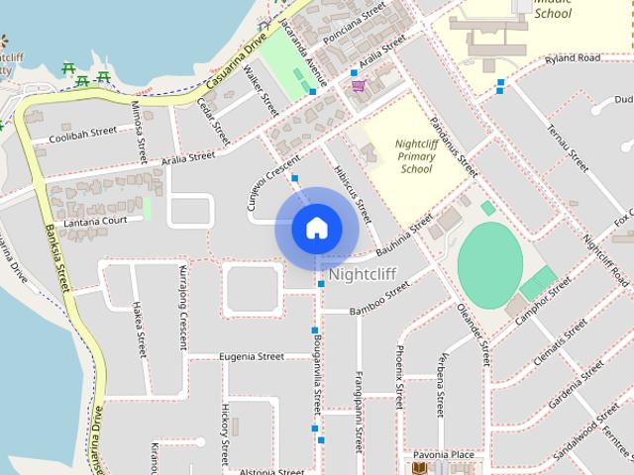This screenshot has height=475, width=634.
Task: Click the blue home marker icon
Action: pyautogui.click(x=317, y=228)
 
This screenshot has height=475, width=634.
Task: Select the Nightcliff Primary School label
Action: pyautogui.click(x=417, y=156)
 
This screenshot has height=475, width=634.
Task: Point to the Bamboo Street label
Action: pyautogui.click(x=379, y=299)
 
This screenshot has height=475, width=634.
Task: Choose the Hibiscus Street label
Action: pyautogui.click(x=352, y=195)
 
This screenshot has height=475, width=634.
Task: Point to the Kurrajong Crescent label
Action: pyautogui.click(x=183, y=308)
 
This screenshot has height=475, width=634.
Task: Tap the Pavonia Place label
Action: pyautogui.click(x=444, y=455)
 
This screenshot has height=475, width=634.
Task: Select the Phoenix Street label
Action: pyautogui.click(x=399, y=377)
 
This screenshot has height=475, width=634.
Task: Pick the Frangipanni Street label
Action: pyautogui.click(x=359, y=411)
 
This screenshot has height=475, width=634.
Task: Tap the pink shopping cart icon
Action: pyautogui.click(x=357, y=86)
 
